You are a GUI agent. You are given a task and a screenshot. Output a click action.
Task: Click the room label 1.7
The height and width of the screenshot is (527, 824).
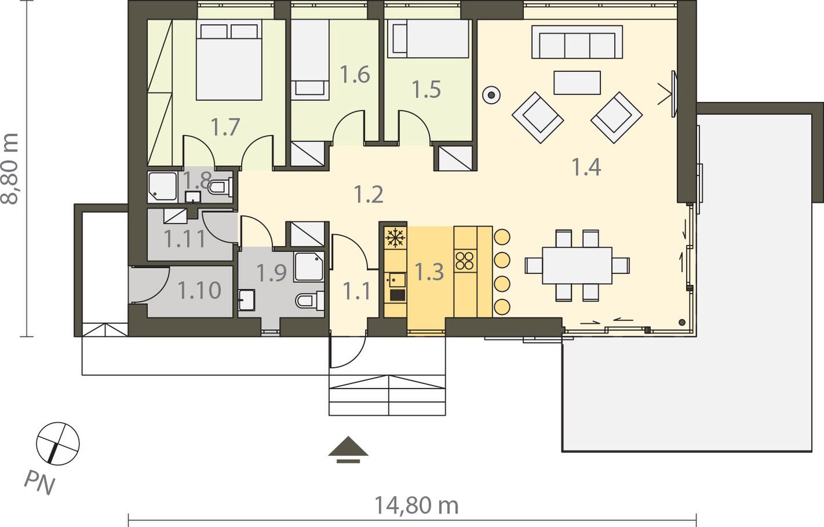click(x=225, y=127)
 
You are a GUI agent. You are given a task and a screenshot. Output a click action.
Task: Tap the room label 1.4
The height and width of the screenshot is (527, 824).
click(x=586, y=167)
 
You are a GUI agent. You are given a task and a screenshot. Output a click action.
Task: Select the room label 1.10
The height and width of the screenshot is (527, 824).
click(x=199, y=290)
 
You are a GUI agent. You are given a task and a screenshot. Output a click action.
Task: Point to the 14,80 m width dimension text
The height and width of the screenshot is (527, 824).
click(x=417, y=506)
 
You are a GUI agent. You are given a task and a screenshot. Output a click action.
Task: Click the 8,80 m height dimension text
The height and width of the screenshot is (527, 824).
click(x=10, y=169)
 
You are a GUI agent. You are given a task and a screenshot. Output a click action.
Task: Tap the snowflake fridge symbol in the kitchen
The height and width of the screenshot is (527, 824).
click(x=395, y=237)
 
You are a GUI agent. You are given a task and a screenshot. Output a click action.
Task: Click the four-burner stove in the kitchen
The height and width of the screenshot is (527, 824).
click(x=465, y=261)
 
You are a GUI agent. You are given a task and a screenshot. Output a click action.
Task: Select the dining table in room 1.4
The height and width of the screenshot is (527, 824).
click(x=577, y=265)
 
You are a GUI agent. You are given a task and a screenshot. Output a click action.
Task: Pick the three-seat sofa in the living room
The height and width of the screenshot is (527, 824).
click(x=577, y=42)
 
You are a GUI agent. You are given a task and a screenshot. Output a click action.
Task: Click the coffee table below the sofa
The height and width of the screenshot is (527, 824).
click(x=577, y=83)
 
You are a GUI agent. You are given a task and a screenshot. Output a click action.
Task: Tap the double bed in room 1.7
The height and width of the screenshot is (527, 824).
click(x=229, y=60)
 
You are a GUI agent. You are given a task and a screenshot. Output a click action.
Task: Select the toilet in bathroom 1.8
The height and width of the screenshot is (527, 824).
click(x=221, y=187)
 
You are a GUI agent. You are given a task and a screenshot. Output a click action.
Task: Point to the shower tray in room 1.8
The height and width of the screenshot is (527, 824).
click(x=163, y=186)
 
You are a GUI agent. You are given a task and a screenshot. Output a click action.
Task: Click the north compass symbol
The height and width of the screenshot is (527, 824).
click(x=58, y=444)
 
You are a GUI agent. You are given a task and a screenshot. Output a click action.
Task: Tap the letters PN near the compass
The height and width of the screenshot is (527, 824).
click(x=40, y=482)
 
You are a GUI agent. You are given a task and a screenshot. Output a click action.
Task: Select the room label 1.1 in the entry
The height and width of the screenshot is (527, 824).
click(x=356, y=291)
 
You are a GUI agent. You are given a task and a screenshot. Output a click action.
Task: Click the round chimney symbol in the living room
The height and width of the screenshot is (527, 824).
click(x=491, y=95)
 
